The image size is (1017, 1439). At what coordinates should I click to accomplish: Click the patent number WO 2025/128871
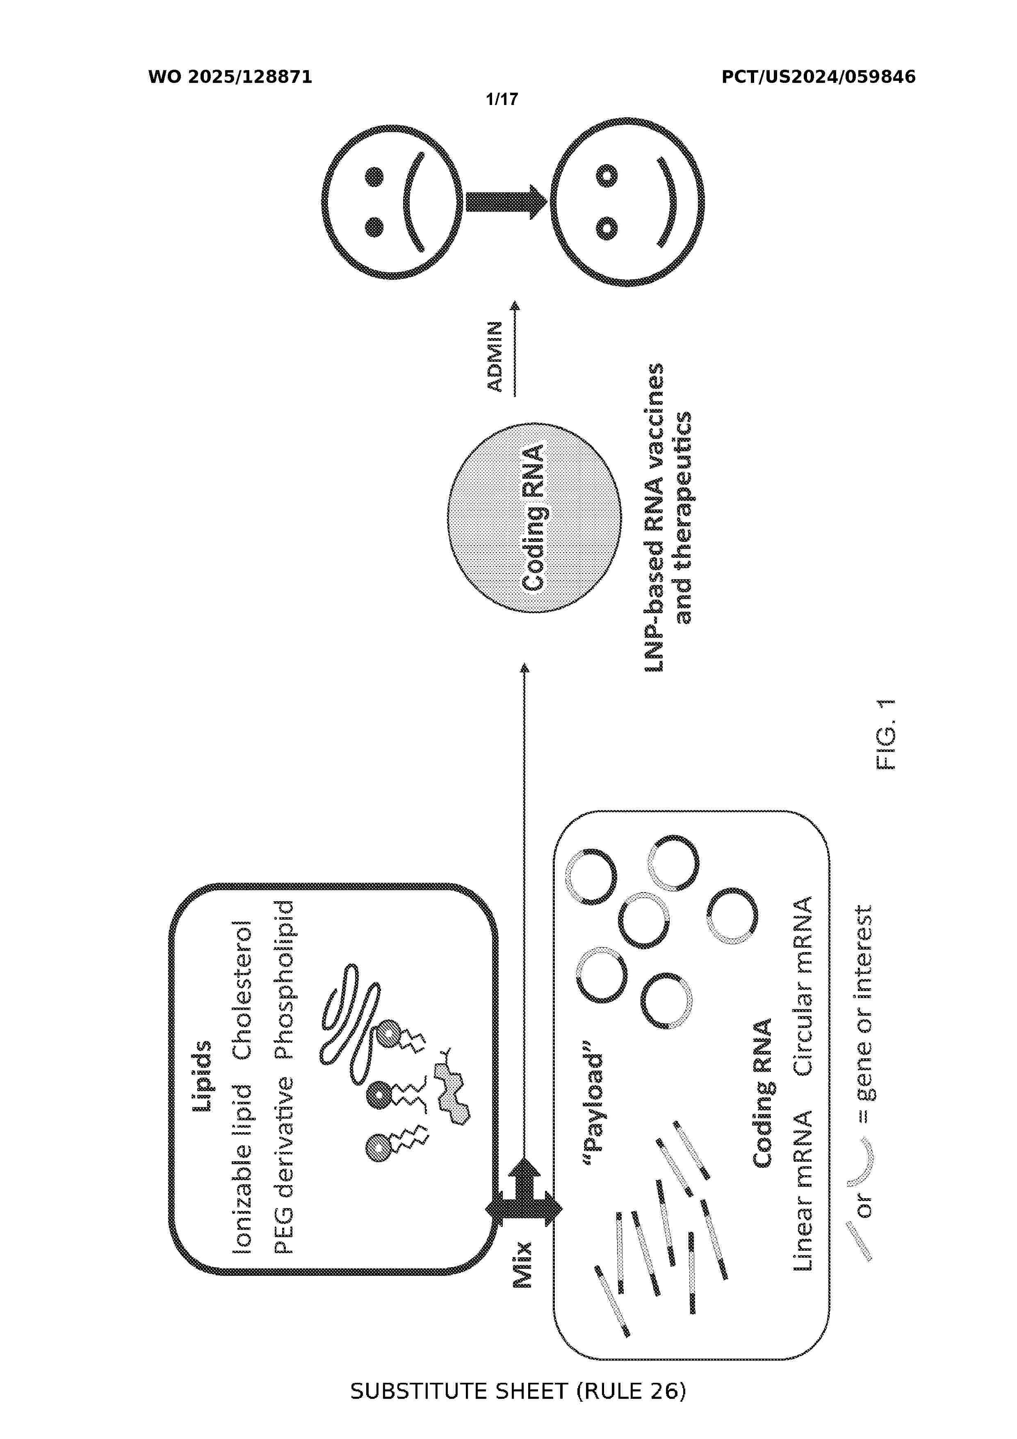(230, 77)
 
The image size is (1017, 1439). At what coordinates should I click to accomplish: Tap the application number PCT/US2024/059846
(819, 77)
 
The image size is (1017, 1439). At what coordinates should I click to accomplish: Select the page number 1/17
(502, 99)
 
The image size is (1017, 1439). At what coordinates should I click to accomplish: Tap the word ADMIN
(495, 356)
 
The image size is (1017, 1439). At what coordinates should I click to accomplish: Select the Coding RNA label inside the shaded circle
(534, 518)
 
